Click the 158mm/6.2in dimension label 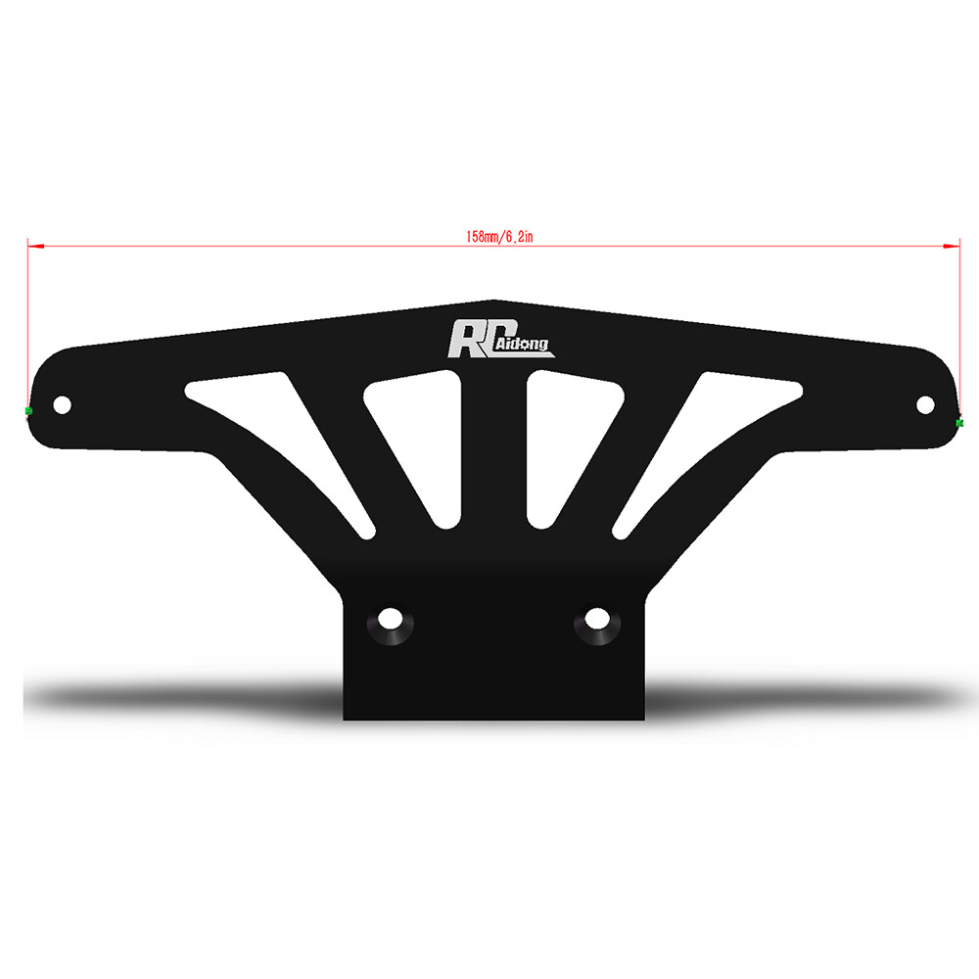click(499, 237)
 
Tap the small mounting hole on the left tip click(63, 404)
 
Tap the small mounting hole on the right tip click(925, 404)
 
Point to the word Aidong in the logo click(523, 344)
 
